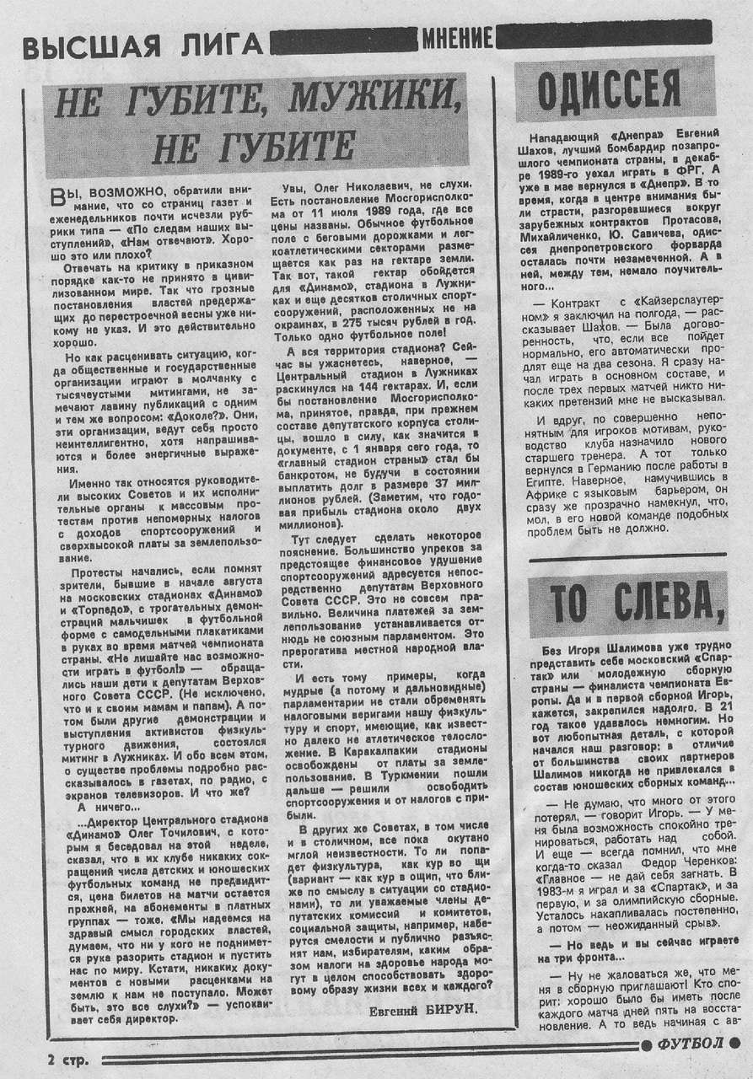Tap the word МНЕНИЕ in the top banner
(x=458, y=38)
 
